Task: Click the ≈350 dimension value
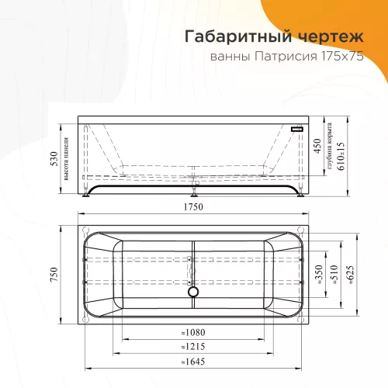point(318,275)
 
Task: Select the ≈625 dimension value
point(352,275)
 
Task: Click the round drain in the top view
point(193,293)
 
